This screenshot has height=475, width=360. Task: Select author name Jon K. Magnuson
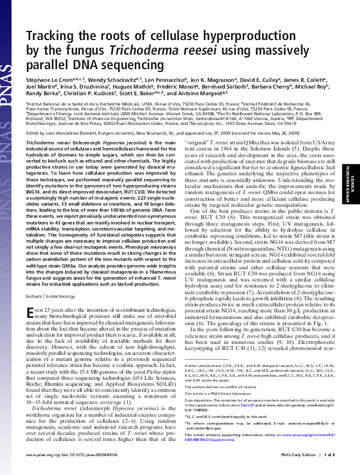click(x=216, y=80)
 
